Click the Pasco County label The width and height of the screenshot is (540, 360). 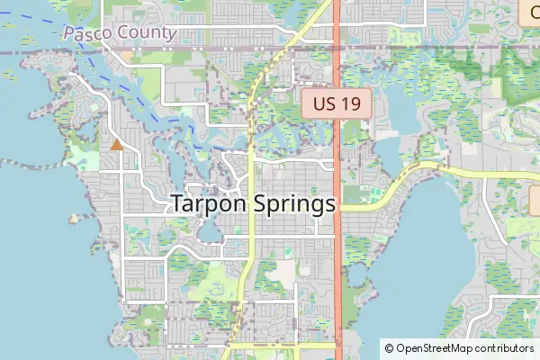[x=119, y=32]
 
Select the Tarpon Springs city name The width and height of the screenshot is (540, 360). [x=253, y=204]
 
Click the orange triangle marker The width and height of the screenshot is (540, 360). [x=116, y=144]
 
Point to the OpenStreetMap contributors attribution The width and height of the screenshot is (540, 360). [x=459, y=348]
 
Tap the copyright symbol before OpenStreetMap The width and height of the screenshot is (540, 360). [x=389, y=348]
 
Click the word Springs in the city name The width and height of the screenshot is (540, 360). [x=290, y=205]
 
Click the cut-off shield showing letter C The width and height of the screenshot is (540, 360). [x=529, y=13]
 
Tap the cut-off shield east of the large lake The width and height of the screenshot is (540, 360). [x=535, y=200]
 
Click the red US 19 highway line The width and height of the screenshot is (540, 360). [x=337, y=270]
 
